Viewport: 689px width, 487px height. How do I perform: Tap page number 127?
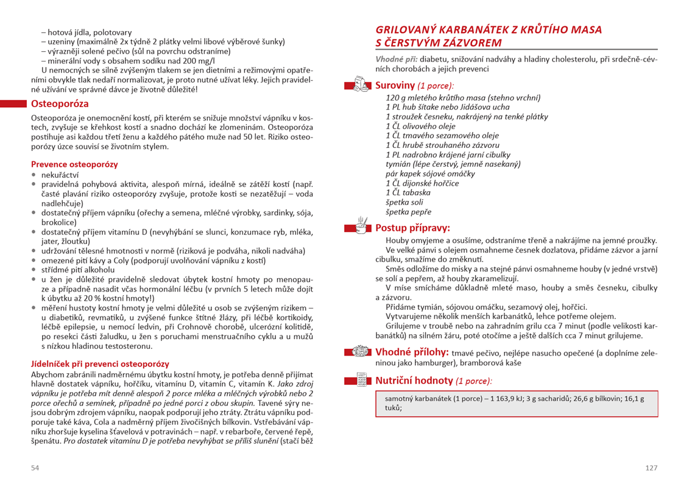(x=651, y=467)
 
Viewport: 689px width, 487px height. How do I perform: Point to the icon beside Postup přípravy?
(x=361, y=226)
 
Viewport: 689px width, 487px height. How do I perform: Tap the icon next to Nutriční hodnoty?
(x=361, y=380)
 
